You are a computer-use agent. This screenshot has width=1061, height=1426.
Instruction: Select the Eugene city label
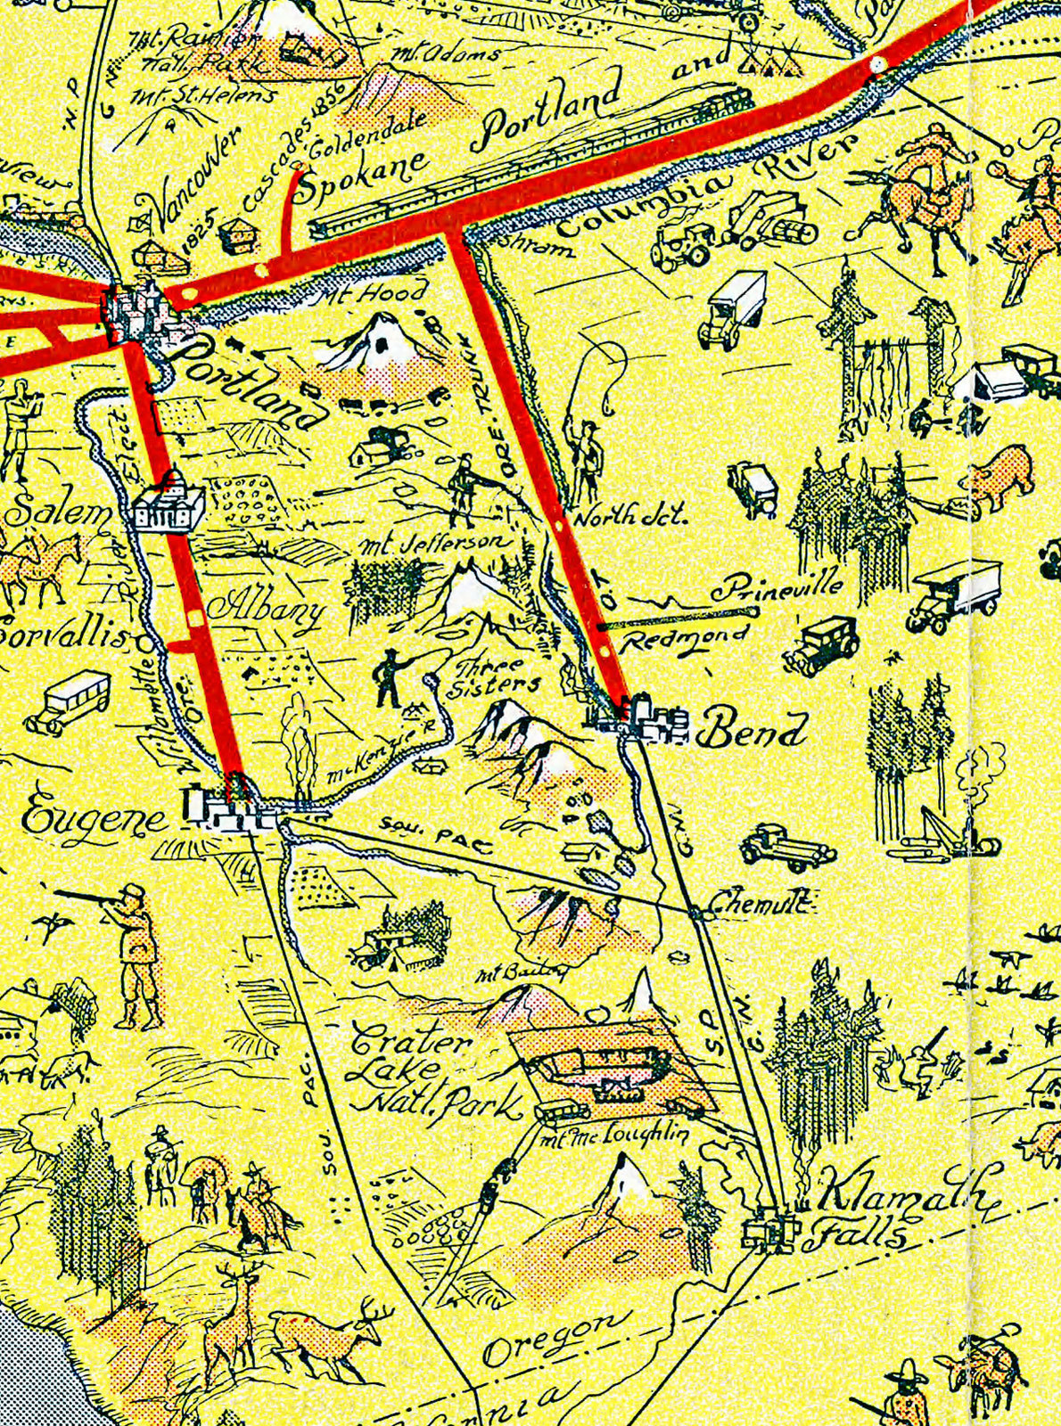(94, 818)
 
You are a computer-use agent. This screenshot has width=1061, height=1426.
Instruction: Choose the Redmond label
(685, 639)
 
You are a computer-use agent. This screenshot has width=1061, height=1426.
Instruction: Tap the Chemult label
(758, 906)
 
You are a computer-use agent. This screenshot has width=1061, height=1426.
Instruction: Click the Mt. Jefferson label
(434, 543)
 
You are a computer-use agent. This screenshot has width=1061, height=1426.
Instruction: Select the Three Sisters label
(495, 677)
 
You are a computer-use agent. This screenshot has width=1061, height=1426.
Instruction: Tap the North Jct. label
(629, 516)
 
